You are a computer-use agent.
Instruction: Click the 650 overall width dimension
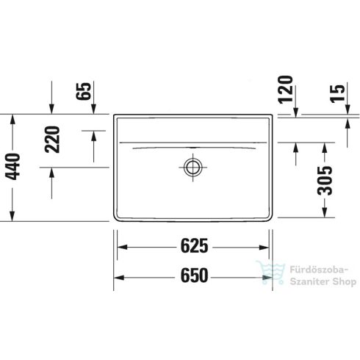point(193,276)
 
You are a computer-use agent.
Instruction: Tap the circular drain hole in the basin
point(193,166)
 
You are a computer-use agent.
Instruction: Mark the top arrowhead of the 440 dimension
point(12,118)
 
